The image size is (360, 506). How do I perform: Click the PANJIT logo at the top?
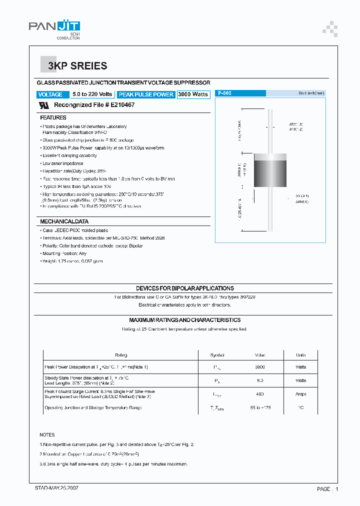pos(54,28)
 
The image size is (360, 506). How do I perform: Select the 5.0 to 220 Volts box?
pos(92,94)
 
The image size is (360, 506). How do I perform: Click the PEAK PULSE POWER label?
pos(146,94)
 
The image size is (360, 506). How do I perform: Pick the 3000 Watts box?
pos(193,94)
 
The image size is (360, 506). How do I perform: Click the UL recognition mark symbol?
pos(44,105)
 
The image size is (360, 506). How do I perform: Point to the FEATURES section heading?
pos(53,117)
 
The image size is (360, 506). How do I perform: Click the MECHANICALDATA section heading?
pos(64,221)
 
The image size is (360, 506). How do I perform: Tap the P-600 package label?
pos(224,93)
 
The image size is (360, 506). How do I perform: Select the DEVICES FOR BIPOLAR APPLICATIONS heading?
pos(185,288)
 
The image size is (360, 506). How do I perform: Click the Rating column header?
pos(121,355)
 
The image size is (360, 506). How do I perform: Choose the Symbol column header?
pos(217,355)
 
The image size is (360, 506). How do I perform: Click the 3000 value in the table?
pos(260,367)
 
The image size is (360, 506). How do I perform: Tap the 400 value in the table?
pos(260,394)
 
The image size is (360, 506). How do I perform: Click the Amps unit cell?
pos(300,394)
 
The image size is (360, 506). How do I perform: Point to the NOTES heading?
pos(47,435)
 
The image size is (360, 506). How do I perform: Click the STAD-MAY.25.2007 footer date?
pos(56,487)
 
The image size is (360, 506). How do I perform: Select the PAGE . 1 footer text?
pos(328,488)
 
